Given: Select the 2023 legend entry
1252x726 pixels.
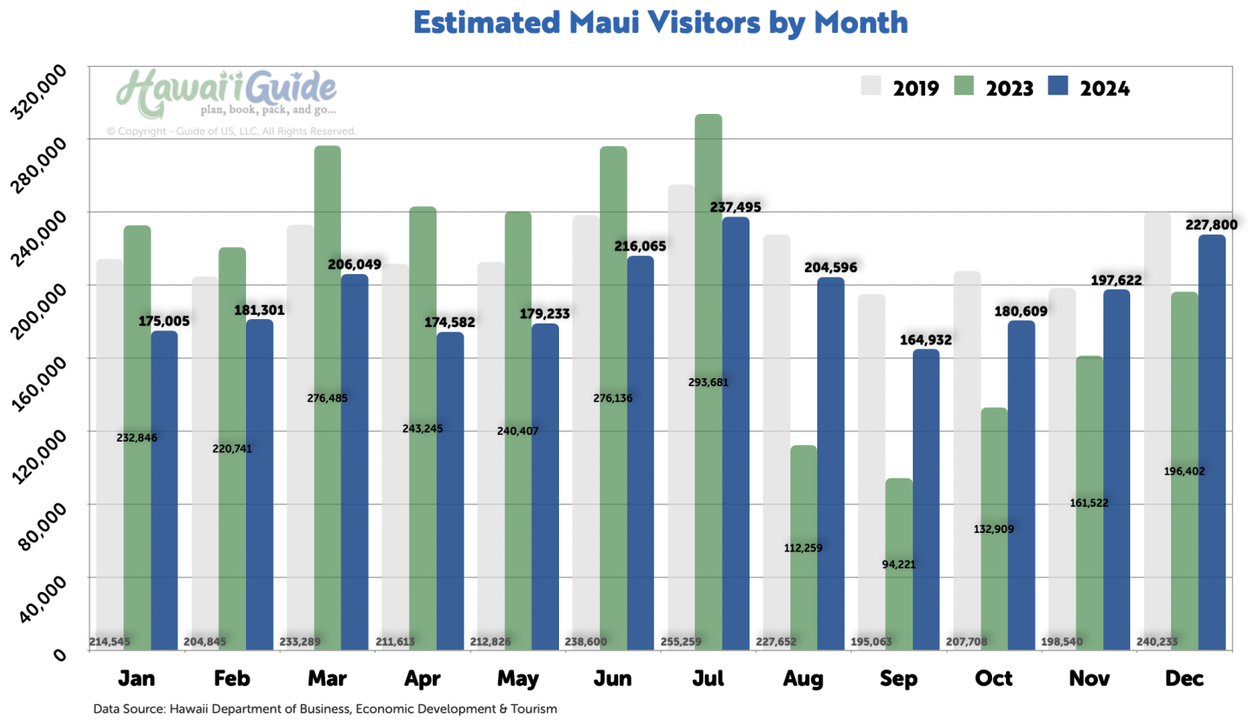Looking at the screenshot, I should (x=994, y=87).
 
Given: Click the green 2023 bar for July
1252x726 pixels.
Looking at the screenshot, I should (x=709, y=383).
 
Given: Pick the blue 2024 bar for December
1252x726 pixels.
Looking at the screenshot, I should (x=1212, y=443).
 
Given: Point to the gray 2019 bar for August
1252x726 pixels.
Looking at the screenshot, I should (x=776, y=435).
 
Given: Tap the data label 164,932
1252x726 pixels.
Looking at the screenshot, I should (x=926, y=340).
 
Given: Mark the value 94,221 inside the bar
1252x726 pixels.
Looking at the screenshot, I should (x=900, y=563).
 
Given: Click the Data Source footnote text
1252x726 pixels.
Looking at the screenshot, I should (x=324, y=709).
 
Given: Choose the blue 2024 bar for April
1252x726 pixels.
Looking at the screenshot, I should (x=450, y=491).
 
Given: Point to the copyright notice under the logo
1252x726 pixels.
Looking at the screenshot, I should (x=231, y=131).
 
